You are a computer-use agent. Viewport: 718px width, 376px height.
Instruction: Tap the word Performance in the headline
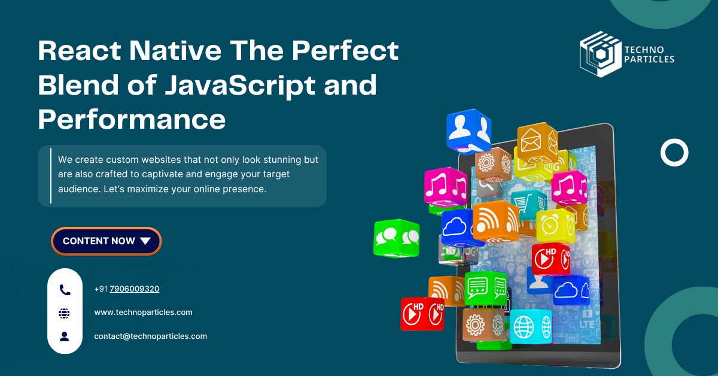(132, 119)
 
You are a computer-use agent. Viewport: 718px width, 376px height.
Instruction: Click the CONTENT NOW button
(106, 241)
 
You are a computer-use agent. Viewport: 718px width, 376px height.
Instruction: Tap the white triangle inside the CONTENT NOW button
(145, 241)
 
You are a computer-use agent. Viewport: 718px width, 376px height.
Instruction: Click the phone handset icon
(65, 290)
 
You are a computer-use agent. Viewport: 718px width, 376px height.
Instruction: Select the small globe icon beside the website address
(65, 313)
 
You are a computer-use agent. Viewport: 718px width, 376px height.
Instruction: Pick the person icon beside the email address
(65, 336)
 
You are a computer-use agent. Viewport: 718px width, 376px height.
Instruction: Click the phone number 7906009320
(134, 289)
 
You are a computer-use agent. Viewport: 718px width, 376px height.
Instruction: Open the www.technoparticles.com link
(143, 313)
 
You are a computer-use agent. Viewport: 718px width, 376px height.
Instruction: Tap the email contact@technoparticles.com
(150, 336)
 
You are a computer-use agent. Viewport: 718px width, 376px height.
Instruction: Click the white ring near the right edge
(674, 153)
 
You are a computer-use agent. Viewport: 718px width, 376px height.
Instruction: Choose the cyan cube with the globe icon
(530, 326)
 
